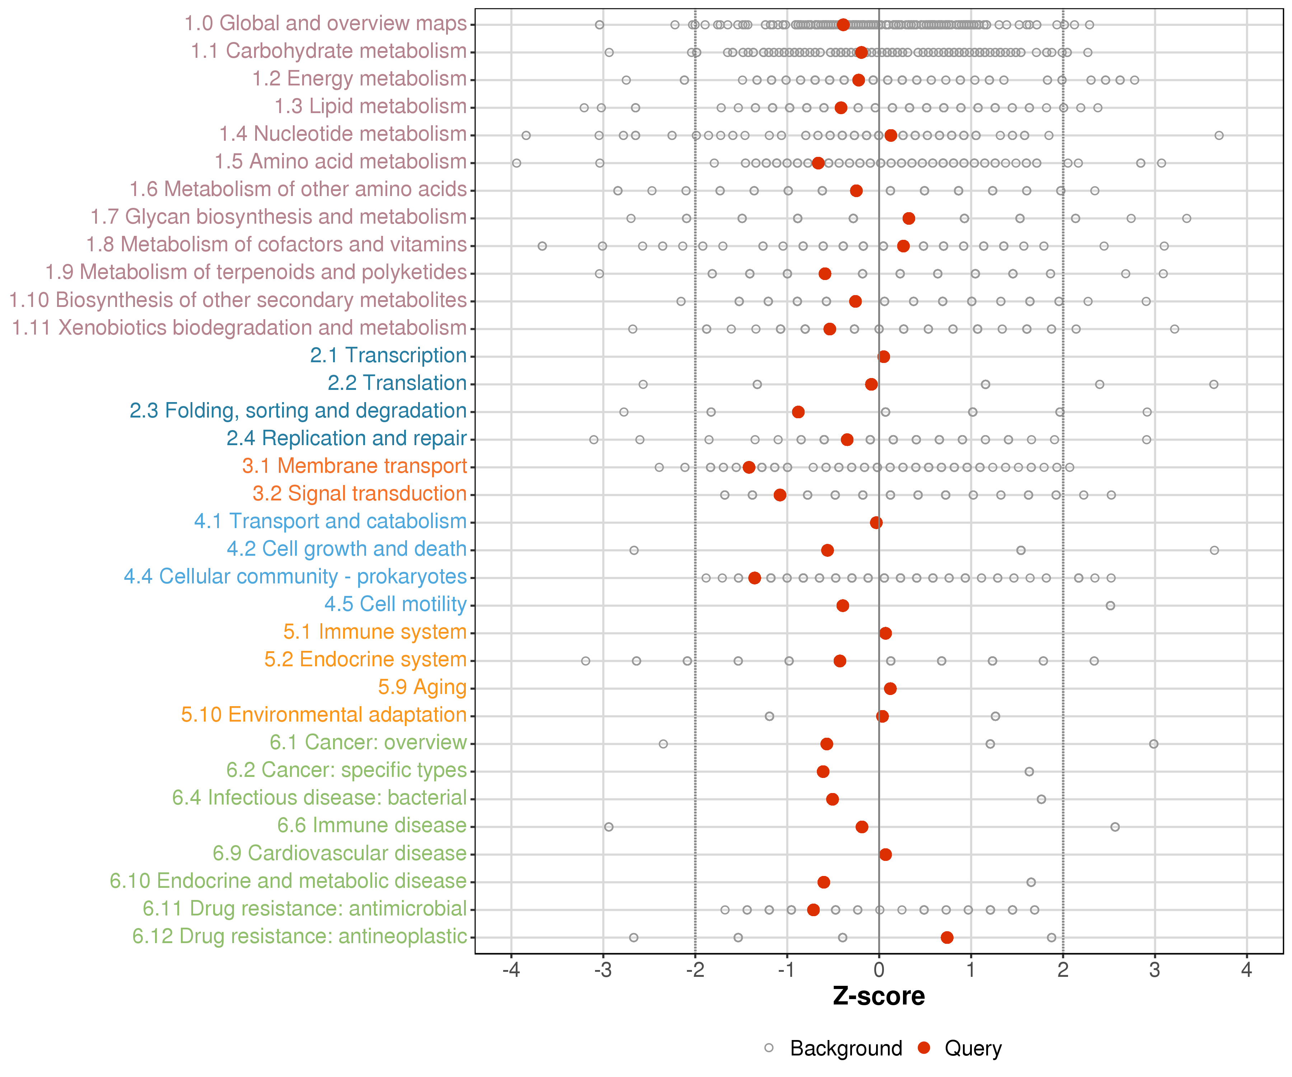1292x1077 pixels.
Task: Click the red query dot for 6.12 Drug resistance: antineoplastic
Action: pos(947,937)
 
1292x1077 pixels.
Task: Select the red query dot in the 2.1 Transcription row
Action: pos(884,356)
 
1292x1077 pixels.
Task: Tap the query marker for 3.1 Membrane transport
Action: pos(749,467)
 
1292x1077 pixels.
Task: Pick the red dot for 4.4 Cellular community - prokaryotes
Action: pos(754,578)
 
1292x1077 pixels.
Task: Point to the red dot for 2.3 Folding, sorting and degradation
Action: pos(798,412)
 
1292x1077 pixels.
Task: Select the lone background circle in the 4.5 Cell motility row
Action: pos(1110,606)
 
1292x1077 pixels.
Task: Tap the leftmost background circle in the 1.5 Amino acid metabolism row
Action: pos(517,163)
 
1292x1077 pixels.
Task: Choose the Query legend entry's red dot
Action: pos(923,1048)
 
